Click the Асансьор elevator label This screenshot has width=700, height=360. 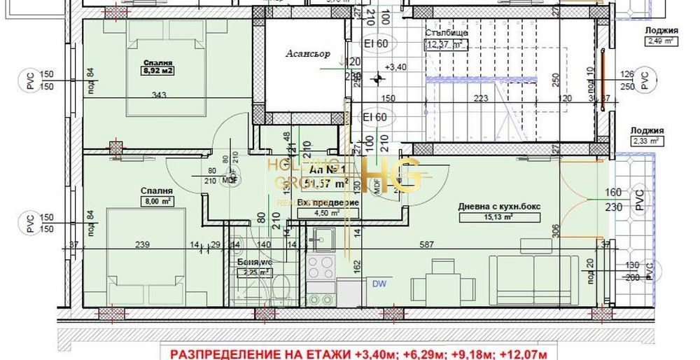[302, 54]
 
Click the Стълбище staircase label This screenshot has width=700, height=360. [446, 33]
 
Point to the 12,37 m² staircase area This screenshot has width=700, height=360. [447, 45]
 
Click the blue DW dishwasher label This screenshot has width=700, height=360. [379, 284]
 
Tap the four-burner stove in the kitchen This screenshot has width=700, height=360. [321, 266]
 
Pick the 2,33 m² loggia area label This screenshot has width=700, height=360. [647, 141]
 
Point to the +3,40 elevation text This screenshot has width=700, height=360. [395, 68]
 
